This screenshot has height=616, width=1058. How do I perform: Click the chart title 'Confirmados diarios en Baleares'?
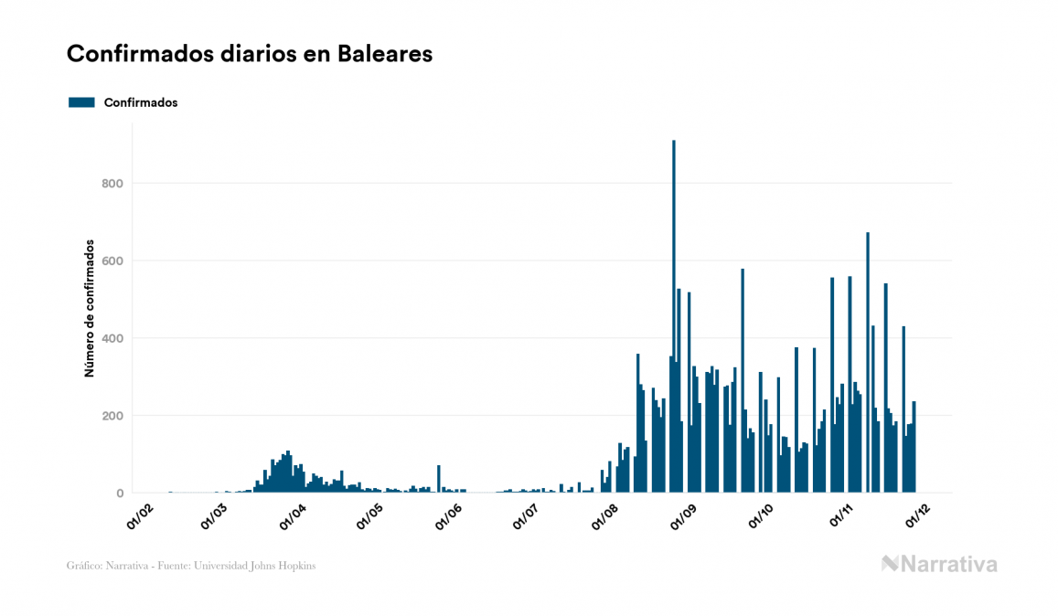point(250,55)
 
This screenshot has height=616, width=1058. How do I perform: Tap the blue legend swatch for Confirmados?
point(82,102)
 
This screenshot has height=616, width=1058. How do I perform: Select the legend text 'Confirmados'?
point(141,102)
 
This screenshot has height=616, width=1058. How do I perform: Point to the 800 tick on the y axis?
point(112,184)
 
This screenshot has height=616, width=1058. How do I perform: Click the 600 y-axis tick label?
point(112,261)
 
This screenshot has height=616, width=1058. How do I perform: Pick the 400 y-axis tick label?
point(112,339)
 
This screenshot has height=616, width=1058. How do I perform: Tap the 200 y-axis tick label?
point(112,416)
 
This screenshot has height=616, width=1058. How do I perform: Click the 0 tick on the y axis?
point(119,494)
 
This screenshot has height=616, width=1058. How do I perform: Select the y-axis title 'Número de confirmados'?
point(90,308)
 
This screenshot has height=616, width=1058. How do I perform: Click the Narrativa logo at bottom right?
point(939,564)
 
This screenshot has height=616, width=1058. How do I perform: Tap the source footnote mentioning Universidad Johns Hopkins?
point(191,566)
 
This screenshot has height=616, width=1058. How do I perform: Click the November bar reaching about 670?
point(868,366)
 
